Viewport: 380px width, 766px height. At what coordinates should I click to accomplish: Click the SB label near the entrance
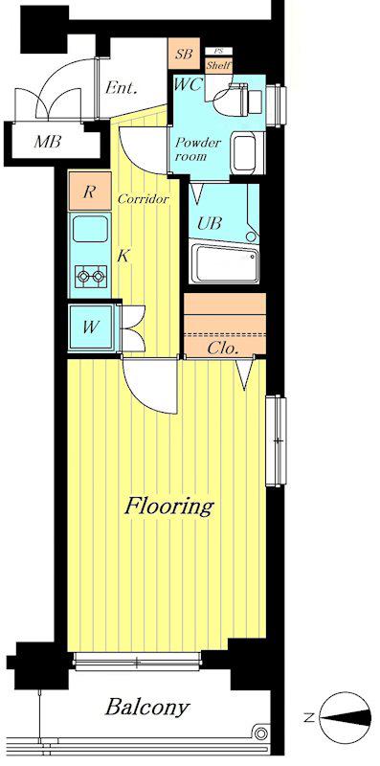tap(184, 55)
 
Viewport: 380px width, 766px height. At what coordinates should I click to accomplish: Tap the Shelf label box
tap(219, 65)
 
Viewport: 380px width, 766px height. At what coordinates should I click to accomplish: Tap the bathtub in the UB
tap(225, 264)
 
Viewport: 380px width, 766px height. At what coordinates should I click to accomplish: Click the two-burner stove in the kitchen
tap(91, 277)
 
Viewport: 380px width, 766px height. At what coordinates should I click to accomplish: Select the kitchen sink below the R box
tap(90, 229)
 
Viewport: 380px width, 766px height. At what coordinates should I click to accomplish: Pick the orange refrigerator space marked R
tap(89, 191)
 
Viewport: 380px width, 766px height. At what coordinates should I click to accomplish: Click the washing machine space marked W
tap(92, 327)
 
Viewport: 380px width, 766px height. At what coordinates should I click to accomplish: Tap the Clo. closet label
tap(223, 349)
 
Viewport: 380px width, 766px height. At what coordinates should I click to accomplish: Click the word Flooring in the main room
tap(169, 507)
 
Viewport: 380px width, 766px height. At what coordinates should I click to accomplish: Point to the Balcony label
tap(147, 707)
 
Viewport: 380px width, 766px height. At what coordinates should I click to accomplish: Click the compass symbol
tap(345, 717)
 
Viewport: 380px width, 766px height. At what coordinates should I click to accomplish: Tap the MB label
tap(47, 142)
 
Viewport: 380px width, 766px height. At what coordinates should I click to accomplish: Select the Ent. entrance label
tap(122, 88)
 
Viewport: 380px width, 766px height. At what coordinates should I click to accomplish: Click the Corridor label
tap(144, 199)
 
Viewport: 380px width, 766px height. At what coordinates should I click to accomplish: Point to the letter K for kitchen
tap(123, 256)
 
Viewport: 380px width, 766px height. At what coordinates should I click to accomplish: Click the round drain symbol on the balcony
tap(262, 732)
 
